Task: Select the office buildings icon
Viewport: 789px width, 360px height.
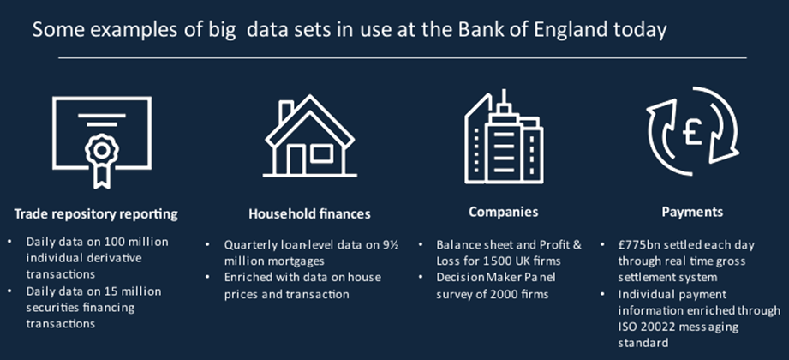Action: pos(504,136)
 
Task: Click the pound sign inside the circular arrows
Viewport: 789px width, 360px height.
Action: pos(693,133)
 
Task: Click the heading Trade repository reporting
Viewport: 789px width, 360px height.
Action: pos(96,214)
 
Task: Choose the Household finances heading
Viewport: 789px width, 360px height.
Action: pos(309,214)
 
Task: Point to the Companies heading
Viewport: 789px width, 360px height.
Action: pos(503,212)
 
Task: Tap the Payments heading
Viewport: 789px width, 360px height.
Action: pos(692,212)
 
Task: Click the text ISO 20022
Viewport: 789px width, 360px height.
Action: pos(646,327)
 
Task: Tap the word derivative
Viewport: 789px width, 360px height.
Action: pos(112,258)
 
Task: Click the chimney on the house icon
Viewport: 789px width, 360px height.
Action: pos(285,111)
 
